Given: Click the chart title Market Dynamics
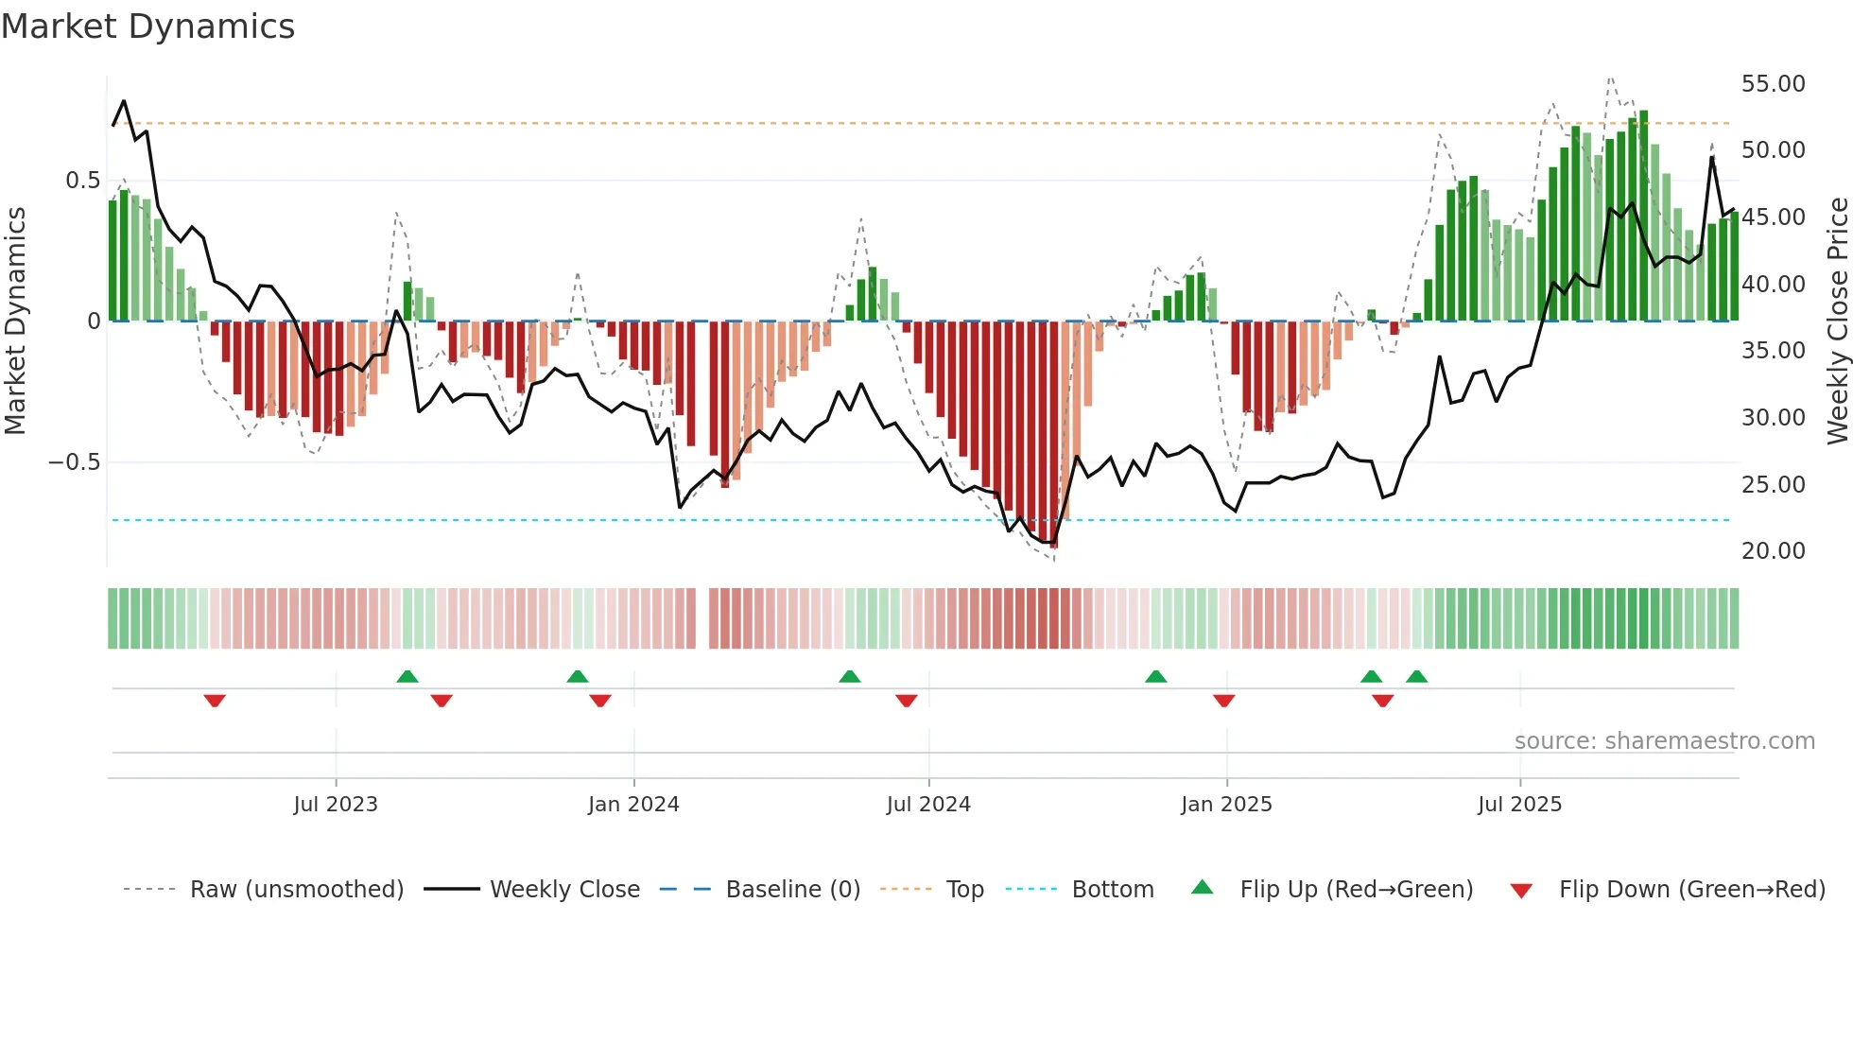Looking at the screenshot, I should [x=147, y=26].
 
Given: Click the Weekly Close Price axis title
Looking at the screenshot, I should [x=1837, y=321].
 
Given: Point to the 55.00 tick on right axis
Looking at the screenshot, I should [x=1773, y=84].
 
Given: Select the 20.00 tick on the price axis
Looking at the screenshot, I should [x=1773, y=551].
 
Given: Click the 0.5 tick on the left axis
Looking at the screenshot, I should [x=82, y=181].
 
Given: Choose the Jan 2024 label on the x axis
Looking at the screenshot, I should [x=633, y=805].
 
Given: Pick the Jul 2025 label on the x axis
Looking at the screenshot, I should [x=1519, y=805].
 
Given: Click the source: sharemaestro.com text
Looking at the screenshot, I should [x=1664, y=741].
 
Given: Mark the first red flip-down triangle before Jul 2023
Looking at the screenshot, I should [x=215, y=701].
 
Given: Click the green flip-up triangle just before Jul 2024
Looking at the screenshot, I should [x=849, y=676].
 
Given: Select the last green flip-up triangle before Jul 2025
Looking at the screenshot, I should [x=1416, y=676].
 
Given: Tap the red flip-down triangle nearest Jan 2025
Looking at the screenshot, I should [x=1223, y=701].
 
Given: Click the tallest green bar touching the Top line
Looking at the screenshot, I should [x=1643, y=216].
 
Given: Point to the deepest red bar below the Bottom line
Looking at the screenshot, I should [x=1054, y=435].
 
